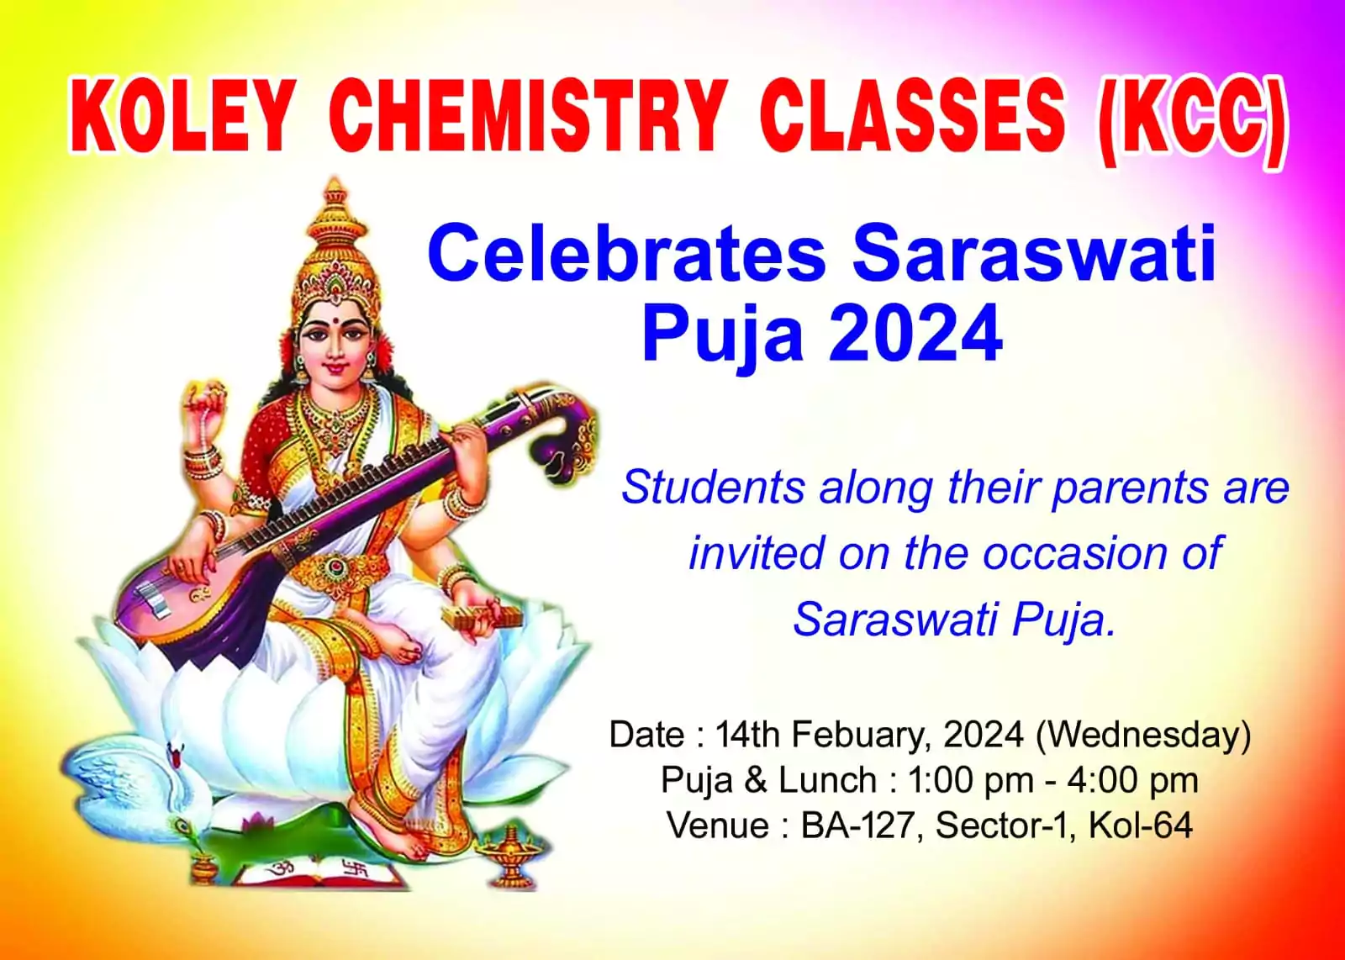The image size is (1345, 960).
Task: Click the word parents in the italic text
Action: pyautogui.click(x=1129, y=488)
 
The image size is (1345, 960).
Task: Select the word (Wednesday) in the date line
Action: pyautogui.click(x=1143, y=734)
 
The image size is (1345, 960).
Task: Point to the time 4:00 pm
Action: pyautogui.click(x=1133, y=780)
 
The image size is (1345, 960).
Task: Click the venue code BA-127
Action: pyautogui.click(x=857, y=825)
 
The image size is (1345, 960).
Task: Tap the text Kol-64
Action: pyautogui.click(x=1140, y=825)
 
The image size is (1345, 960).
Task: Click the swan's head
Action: pyautogui.click(x=176, y=755)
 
